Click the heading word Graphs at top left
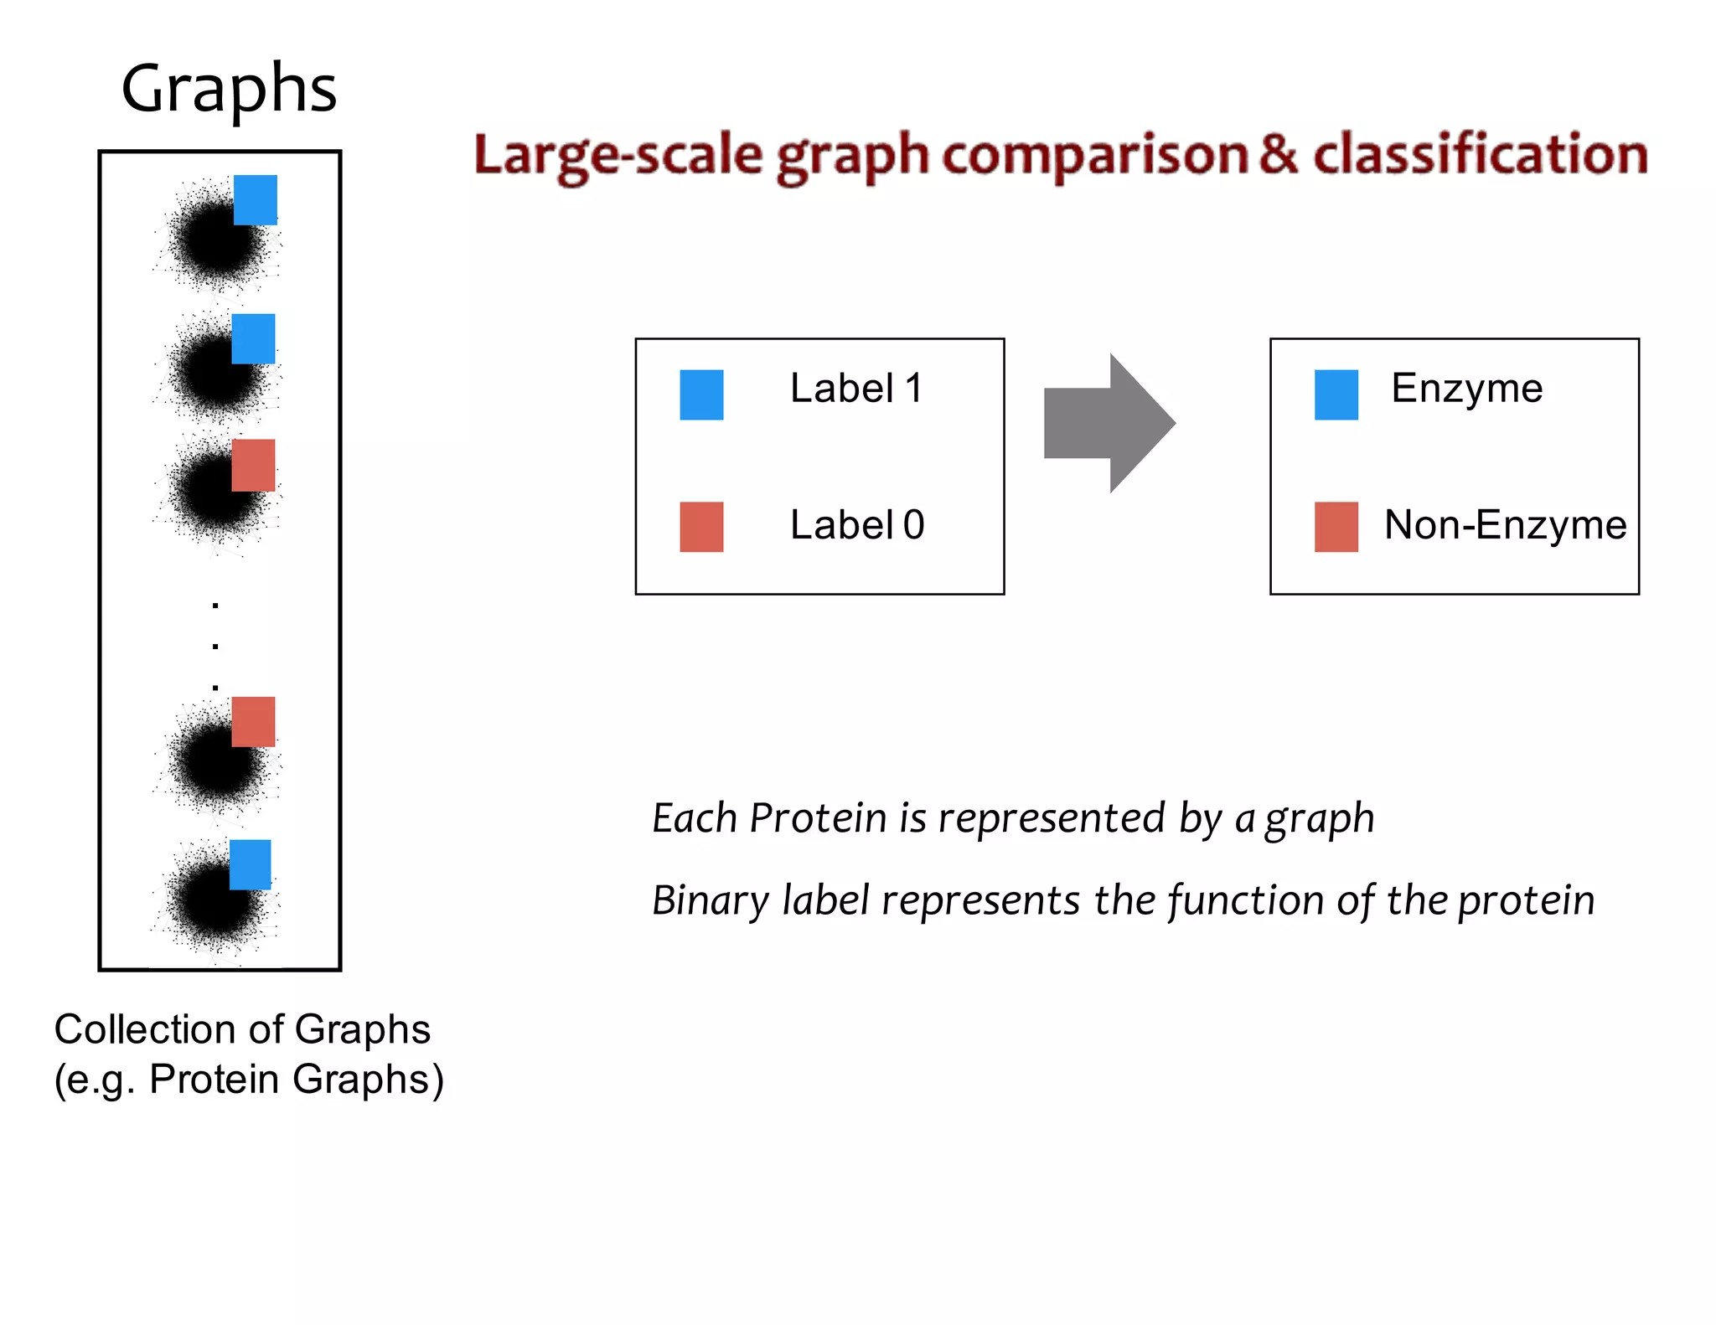[x=229, y=89]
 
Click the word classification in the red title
[x=1480, y=155]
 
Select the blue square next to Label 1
[x=701, y=394]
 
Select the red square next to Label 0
[x=701, y=527]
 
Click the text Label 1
[x=856, y=389]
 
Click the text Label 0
[x=856, y=525]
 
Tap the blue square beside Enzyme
[x=1336, y=394]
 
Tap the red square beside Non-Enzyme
[x=1336, y=527]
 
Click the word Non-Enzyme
[x=1505, y=525]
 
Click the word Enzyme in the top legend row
[x=1466, y=389]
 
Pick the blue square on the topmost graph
[x=255, y=199]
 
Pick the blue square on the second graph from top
[x=253, y=338]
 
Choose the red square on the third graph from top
[x=253, y=465]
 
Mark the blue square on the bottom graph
[x=250, y=864]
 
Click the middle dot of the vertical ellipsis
[x=215, y=646]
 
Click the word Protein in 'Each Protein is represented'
[x=818, y=818]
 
